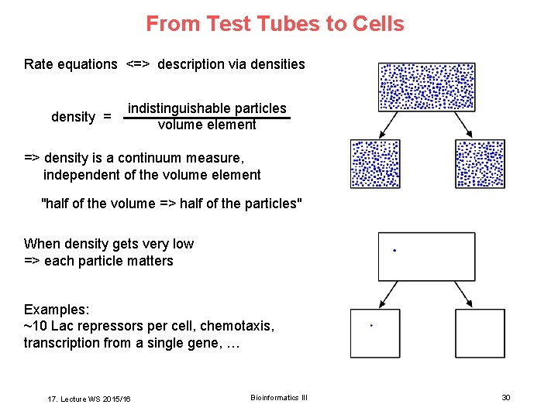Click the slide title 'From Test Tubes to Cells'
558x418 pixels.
275,24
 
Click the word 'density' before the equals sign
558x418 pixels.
73,117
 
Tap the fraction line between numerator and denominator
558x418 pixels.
207,118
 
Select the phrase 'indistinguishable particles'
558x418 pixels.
207,108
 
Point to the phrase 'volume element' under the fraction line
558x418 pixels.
207,125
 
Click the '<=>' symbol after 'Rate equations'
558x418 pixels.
137,64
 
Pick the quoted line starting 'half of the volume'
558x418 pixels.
171,204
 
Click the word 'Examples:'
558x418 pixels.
55,309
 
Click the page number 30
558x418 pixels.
506,397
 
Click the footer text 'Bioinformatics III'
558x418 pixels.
279,397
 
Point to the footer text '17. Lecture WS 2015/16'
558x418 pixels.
89,399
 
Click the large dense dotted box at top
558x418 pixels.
426,87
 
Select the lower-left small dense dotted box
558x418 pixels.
375,164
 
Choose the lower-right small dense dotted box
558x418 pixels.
480,164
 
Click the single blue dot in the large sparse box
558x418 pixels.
395,251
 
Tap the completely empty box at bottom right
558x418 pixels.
480,334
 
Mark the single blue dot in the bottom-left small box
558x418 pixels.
372,326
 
